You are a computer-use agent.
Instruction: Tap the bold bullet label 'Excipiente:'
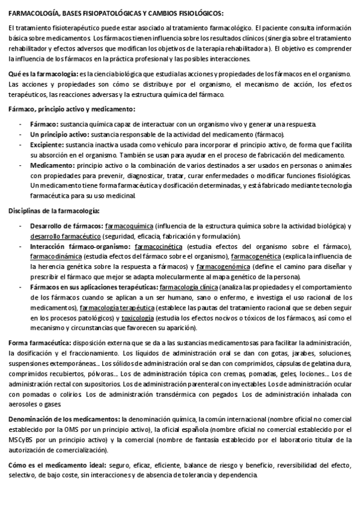(50, 145)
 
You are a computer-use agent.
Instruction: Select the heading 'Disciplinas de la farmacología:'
(54, 211)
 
